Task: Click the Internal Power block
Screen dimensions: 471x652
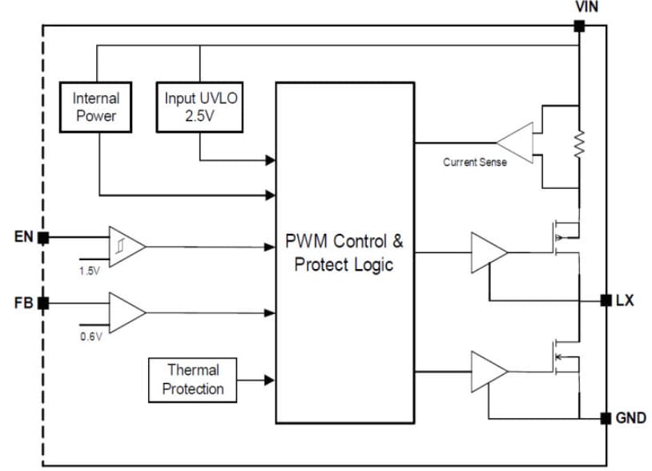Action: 96,107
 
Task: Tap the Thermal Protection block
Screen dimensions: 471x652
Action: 193,379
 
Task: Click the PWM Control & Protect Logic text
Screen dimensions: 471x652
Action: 344,252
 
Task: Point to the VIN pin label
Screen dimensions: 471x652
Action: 587,7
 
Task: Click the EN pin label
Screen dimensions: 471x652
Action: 24,237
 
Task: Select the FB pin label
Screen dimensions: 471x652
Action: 24,303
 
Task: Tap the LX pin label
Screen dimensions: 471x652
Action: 625,300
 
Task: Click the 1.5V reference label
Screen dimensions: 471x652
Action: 90,271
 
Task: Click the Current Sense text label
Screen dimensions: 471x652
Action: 475,162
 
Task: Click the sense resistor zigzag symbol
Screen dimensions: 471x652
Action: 579,144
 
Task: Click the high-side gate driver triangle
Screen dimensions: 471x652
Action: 488,252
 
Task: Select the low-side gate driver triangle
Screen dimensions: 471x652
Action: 488,370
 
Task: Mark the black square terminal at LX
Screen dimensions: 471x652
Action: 606,300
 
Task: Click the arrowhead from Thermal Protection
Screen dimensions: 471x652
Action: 269,379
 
